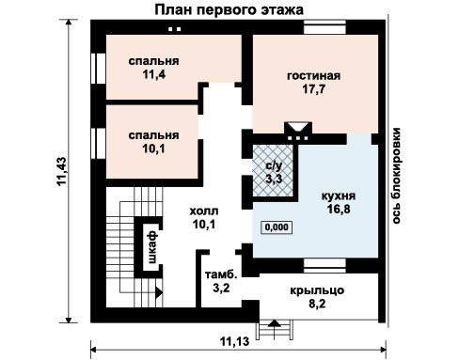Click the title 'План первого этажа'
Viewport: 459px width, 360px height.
click(229, 10)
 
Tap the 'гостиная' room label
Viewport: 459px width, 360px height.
click(313, 76)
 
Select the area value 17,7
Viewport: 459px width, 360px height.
click(314, 89)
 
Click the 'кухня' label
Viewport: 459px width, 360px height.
click(339, 196)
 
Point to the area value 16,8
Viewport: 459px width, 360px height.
click(339, 209)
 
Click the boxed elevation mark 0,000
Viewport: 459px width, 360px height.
click(277, 227)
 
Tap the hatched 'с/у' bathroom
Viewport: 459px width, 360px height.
click(273, 171)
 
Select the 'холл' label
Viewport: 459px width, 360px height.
click(204, 211)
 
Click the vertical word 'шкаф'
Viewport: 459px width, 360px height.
click(152, 247)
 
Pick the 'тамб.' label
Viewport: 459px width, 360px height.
click(221, 274)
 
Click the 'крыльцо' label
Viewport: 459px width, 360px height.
click(317, 290)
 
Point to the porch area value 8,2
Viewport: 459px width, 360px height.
click(317, 304)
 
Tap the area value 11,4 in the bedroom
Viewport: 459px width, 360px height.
click(153, 74)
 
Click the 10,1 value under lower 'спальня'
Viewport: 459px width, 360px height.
click(153, 149)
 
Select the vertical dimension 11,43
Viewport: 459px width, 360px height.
click(62, 171)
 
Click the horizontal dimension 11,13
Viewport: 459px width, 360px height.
click(234, 341)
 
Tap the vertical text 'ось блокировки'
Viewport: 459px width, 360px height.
click(396, 176)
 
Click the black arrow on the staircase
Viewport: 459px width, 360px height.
click(159, 292)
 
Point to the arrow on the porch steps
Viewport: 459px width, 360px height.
click(275, 323)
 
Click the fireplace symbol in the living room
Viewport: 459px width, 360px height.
click(298, 131)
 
